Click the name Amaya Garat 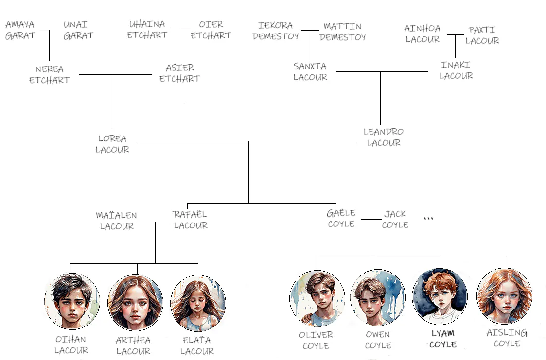(20, 30)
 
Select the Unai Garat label (78, 30)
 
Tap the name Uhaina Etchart (147, 30)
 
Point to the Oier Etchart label (211, 30)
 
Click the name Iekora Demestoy (276, 31)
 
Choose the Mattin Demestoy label (343, 32)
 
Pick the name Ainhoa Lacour (423, 34)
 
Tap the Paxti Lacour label (482, 35)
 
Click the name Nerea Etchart (50, 75)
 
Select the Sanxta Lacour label (310, 71)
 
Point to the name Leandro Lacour (384, 137)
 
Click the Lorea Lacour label (112, 144)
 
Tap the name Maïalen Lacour (117, 221)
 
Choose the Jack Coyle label (395, 219)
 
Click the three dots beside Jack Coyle (428, 219)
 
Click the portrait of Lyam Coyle (440, 296)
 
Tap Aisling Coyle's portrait (505, 296)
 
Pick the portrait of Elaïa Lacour (198, 303)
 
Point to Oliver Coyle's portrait (317, 298)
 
